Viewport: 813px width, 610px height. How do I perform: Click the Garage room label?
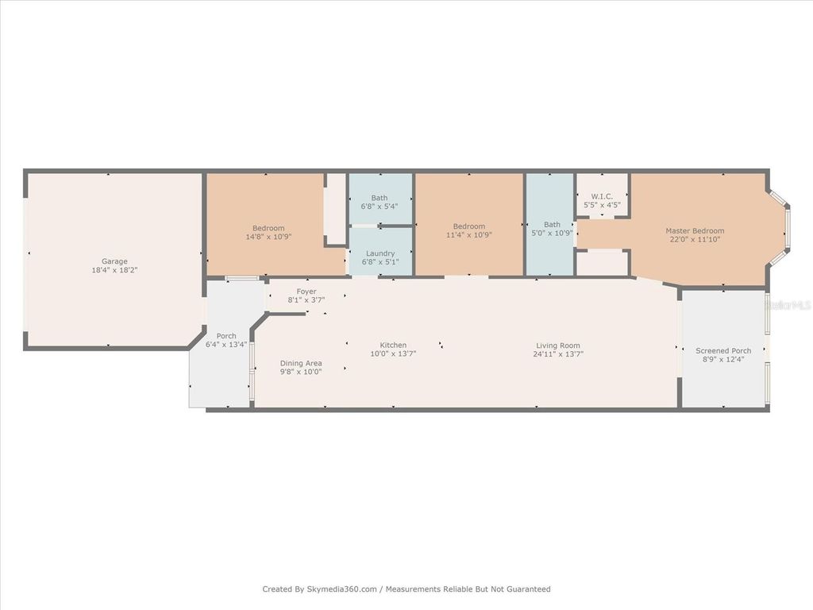coord(114,261)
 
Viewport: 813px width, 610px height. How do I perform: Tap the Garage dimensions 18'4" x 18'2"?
coord(114,270)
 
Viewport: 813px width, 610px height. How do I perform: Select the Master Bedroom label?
coord(695,231)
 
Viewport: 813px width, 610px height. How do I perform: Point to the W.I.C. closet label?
coord(601,196)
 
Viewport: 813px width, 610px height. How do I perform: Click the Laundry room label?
coord(380,253)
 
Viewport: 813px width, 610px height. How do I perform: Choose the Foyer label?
coord(306,291)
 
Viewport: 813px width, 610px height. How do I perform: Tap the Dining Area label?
coord(301,363)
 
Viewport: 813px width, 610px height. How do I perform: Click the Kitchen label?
coord(393,346)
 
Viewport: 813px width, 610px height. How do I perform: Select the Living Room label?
coord(558,346)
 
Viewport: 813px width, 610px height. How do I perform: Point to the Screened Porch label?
coord(723,351)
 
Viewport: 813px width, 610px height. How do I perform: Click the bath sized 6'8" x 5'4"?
coord(380,202)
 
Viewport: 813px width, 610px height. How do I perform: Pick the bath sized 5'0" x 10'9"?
coord(552,229)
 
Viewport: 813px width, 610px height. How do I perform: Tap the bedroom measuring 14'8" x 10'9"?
coord(268,232)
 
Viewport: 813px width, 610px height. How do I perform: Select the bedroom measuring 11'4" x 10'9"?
coord(468,230)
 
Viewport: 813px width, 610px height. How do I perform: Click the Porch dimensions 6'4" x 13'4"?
coord(226,345)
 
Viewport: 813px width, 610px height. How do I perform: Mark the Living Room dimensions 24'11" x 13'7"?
coord(558,354)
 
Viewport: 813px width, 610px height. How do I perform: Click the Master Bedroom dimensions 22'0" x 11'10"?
coord(695,239)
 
